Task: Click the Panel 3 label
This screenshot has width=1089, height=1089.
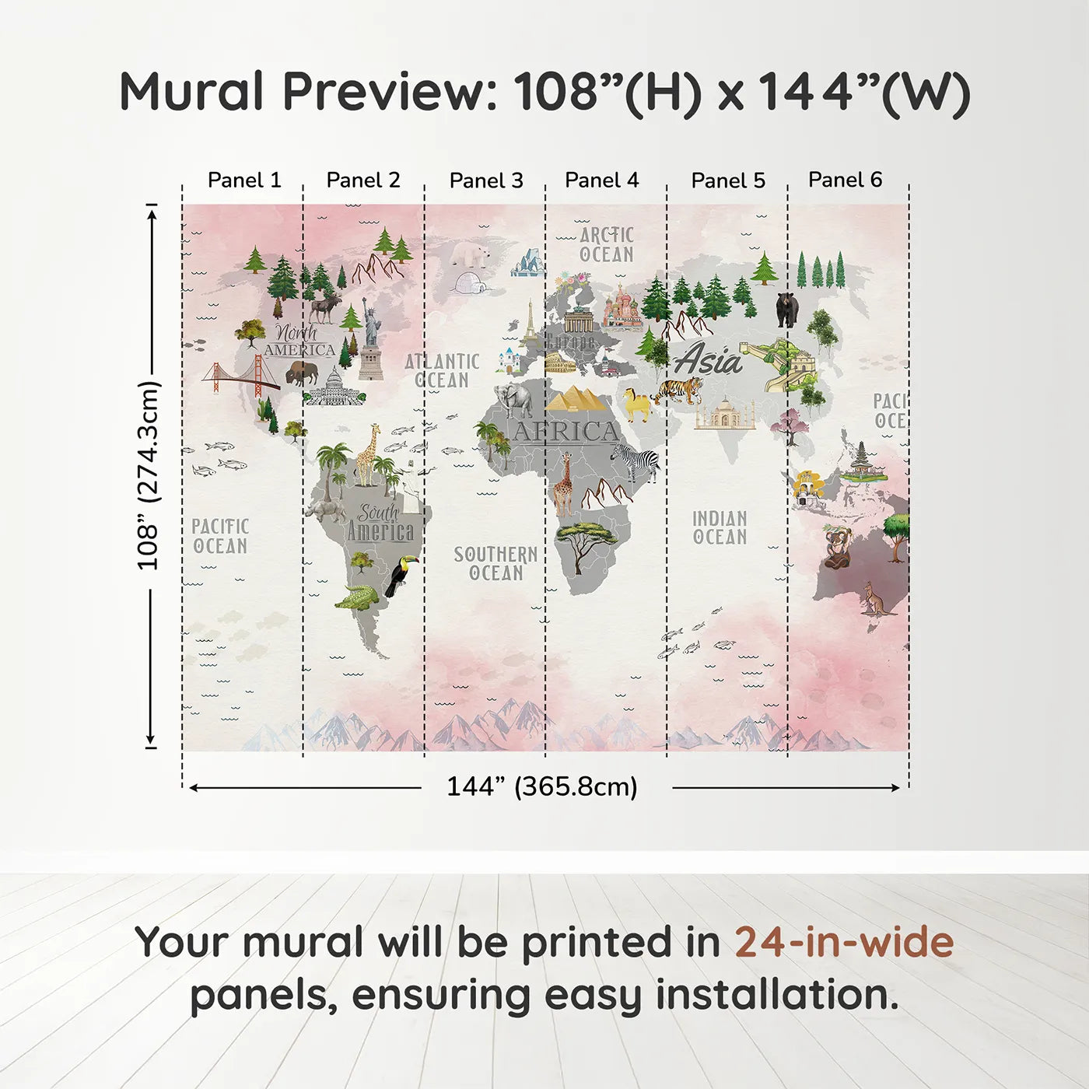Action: coord(486,180)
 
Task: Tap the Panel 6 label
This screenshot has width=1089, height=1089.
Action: coord(845,180)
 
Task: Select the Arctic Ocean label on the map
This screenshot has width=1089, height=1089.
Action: coord(607,244)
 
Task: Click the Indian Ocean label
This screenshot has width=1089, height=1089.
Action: coord(720,527)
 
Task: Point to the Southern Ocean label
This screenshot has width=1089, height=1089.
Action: coord(495,563)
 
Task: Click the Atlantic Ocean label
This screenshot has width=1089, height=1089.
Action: coord(442,370)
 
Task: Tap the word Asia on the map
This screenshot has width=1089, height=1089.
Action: coord(708,360)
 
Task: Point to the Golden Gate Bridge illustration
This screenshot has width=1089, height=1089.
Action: coord(241,375)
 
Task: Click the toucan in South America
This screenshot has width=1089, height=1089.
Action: coord(401,576)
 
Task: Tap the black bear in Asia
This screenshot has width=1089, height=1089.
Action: coord(786,309)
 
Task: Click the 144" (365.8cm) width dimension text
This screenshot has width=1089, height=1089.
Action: coord(541,786)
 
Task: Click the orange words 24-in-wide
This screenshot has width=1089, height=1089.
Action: coord(843,942)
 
